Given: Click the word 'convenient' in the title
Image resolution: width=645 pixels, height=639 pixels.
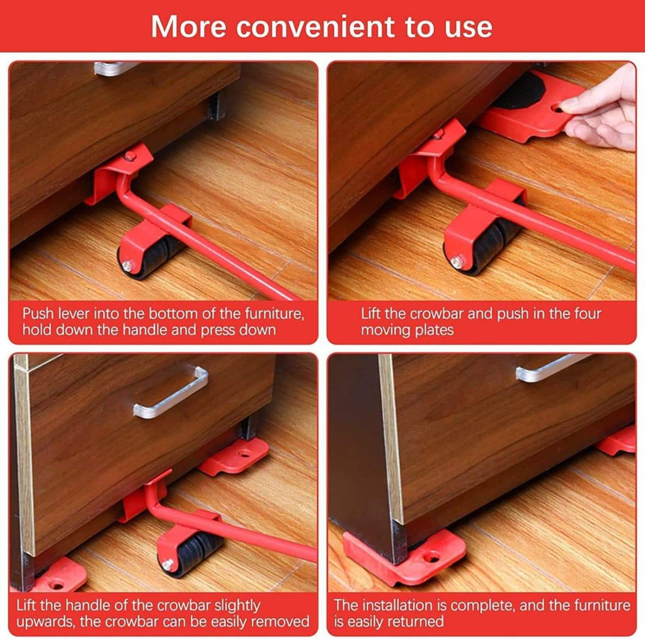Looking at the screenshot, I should [x=314, y=26].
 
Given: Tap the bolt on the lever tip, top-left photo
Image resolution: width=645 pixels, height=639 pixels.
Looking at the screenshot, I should [x=130, y=155].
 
